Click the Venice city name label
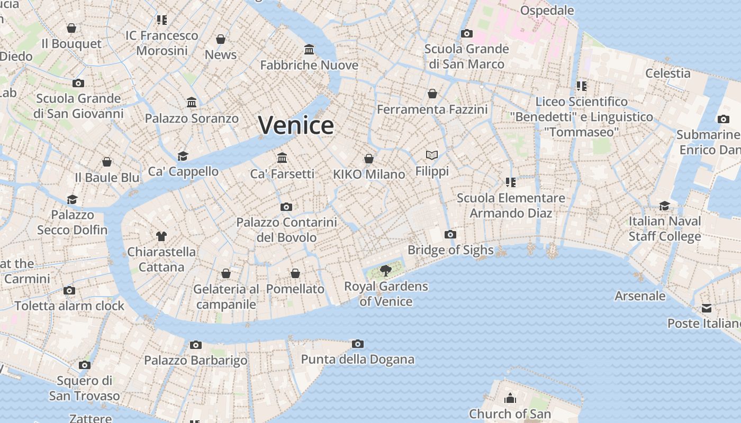tap(296, 125)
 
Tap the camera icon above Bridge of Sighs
tap(450, 234)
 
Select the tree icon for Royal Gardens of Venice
tap(386, 271)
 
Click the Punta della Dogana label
tap(357, 360)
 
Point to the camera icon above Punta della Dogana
tap(358, 344)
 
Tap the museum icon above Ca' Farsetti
tap(282, 158)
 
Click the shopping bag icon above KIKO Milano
tap(369, 159)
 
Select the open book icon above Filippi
tap(432, 155)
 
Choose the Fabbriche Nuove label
tap(309, 65)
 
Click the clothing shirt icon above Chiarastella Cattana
tap(161, 236)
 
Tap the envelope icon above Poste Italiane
tap(707, 308)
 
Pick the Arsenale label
tap(639, 296)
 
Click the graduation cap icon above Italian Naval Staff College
tap(664, 206)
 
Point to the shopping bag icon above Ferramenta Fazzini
tap(432, 94)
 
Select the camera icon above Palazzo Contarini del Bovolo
tap(286, 207)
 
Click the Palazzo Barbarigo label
tap(196, 361)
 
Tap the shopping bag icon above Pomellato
tap(295, 273)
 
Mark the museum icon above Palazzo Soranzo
tap(192, 102)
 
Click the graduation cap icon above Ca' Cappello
tap(183, 156)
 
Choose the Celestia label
tap(667, 73)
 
